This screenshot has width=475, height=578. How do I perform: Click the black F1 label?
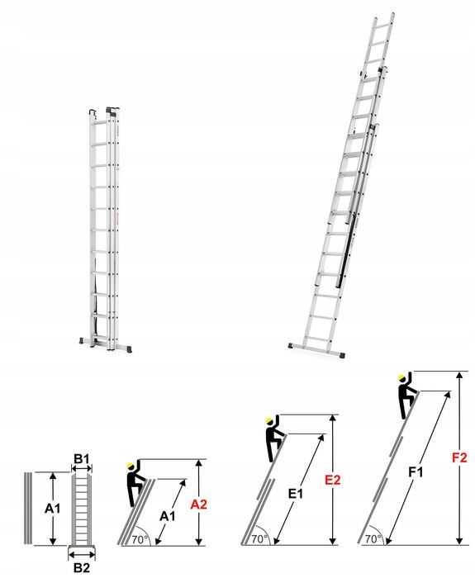click(416, 472)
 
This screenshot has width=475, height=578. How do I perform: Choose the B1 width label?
click(81, 458)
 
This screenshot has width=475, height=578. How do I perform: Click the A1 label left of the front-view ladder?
click(51, 509)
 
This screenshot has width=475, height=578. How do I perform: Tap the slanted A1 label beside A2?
click(168, 516)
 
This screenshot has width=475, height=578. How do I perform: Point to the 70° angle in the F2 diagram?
click(373, 538)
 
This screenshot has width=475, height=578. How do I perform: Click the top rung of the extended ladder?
click(382, 24)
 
